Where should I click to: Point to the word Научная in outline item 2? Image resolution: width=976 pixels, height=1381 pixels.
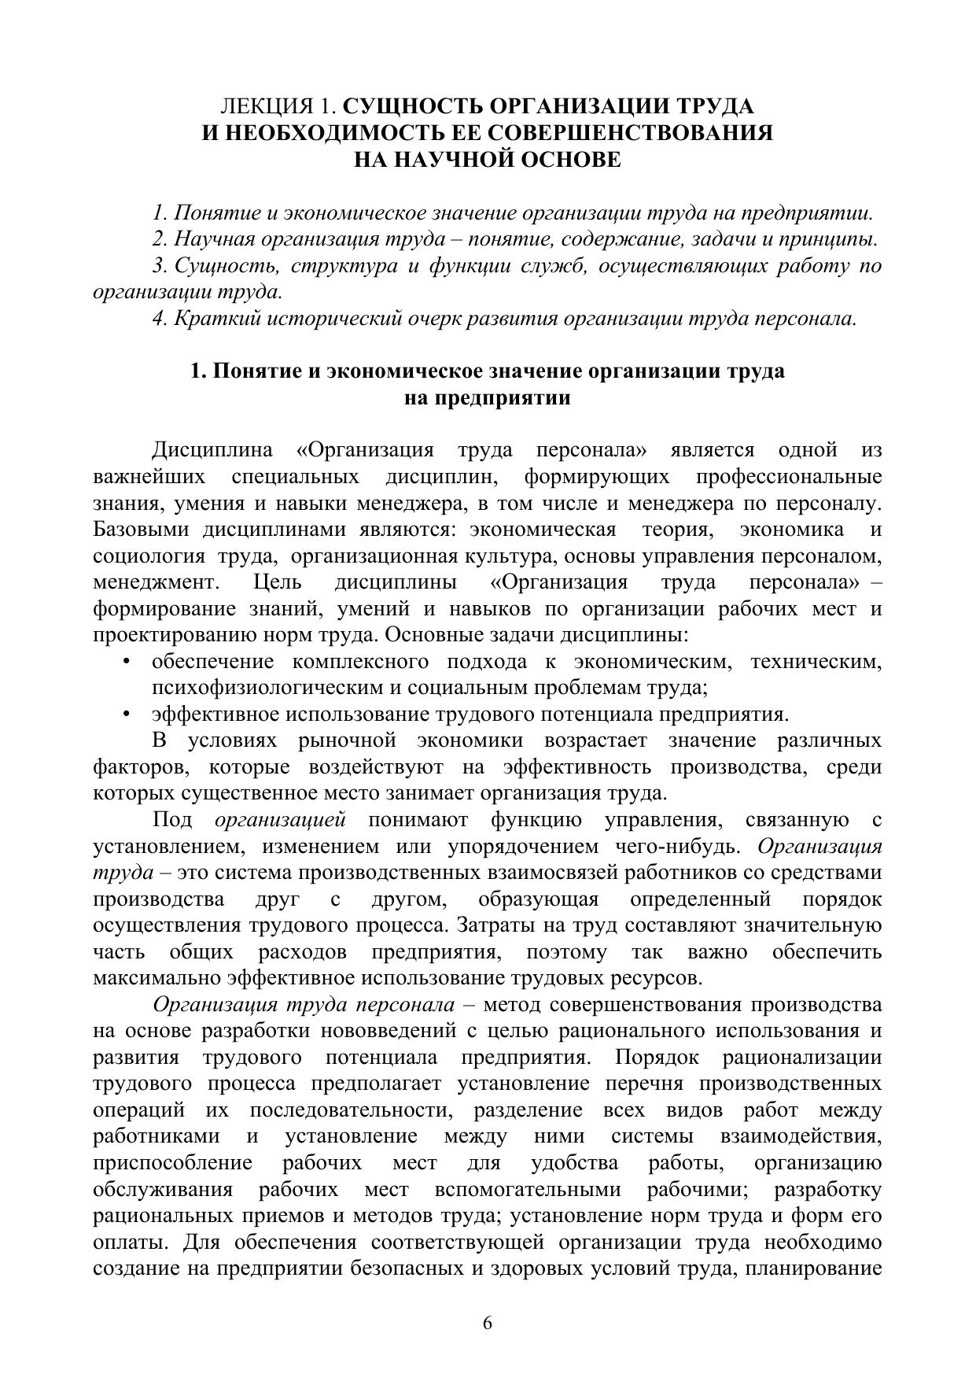(x=215, y=239)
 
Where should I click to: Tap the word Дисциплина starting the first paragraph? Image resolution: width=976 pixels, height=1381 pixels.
(x=212, y=450)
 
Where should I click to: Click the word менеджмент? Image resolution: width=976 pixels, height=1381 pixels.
(x=155, y=583)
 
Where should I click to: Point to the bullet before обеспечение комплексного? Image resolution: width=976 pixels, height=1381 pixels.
(x=126, y=663)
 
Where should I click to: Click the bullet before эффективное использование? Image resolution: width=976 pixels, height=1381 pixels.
(x=126, y=715)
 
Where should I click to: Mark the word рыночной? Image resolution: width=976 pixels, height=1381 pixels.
(x=346, y=741)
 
